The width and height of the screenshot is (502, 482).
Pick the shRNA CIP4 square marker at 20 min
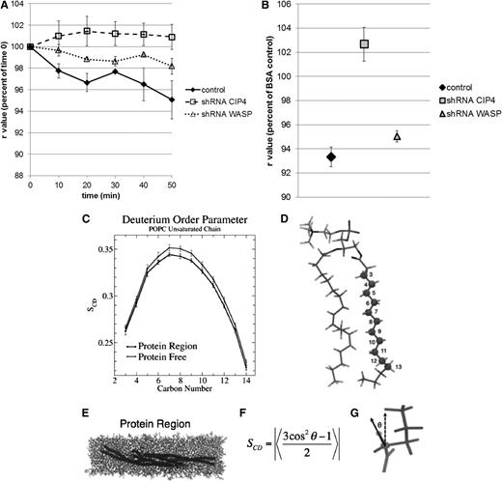click(87, 31)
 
